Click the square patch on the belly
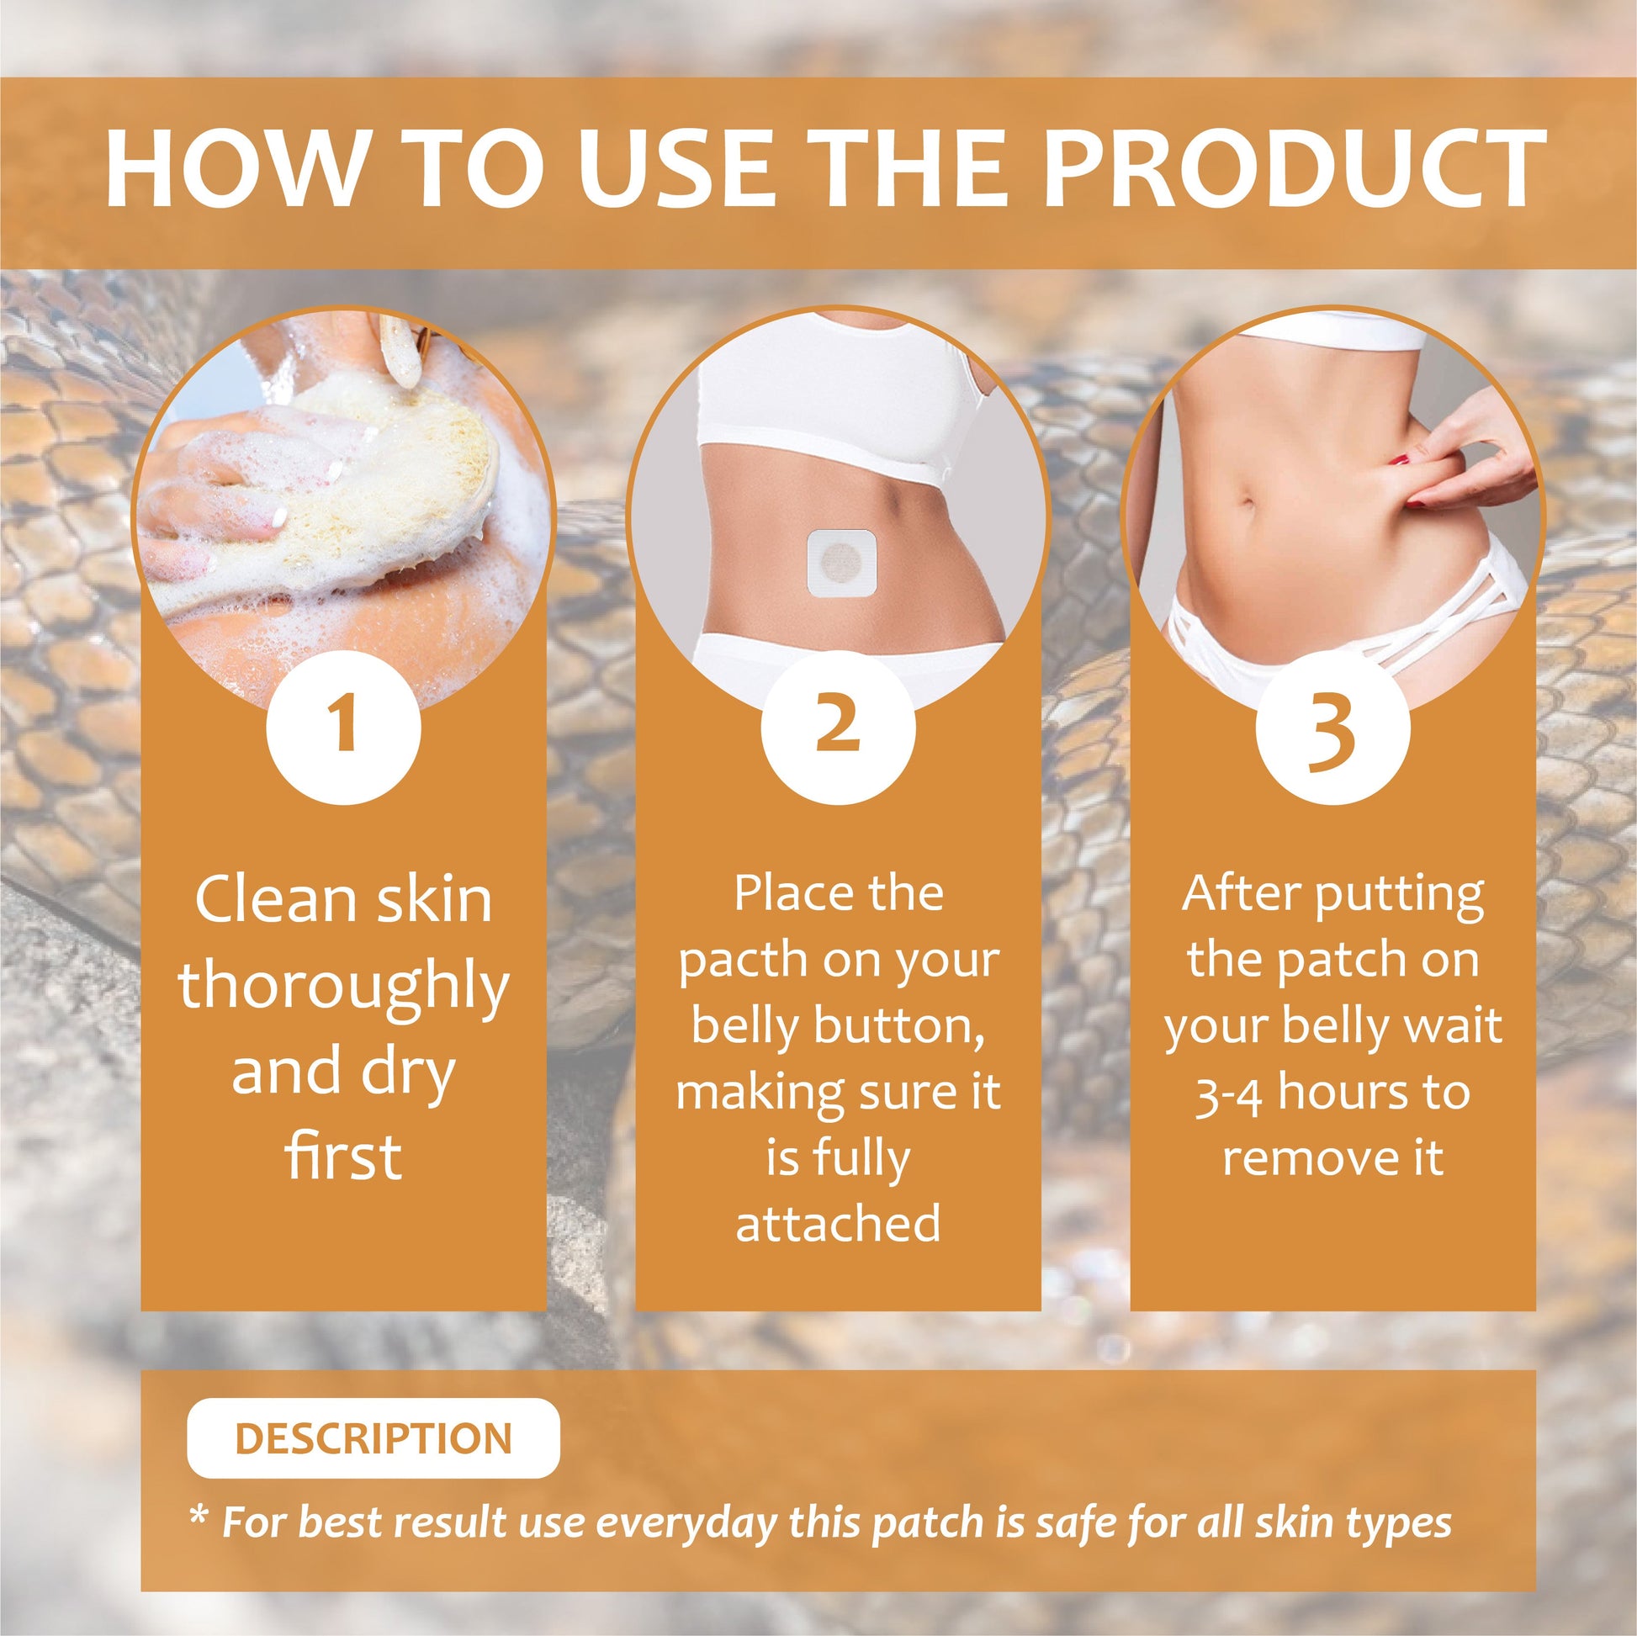(x=840, y=562)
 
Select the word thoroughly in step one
(x=343, y=987)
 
